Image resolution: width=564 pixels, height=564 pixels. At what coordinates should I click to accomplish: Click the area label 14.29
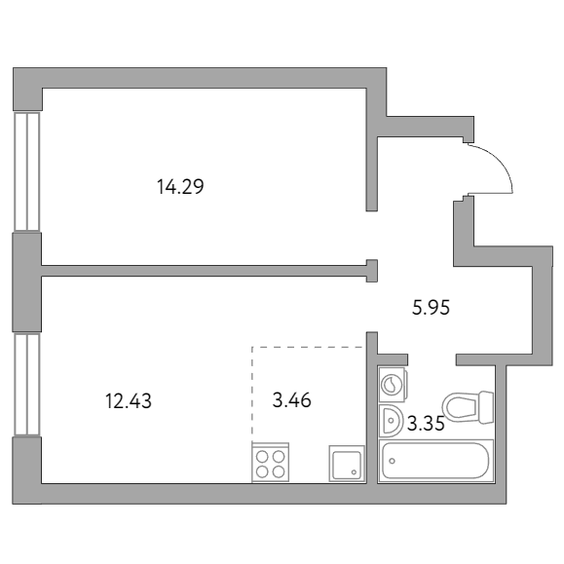[180, 187]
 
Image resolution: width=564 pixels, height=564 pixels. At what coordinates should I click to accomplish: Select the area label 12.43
[129, 401]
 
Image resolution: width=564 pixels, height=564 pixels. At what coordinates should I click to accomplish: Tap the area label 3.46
[291, 400]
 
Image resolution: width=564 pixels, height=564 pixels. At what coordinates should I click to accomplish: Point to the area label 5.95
[431, 308]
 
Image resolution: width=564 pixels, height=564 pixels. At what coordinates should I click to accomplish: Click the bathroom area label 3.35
[426, 424]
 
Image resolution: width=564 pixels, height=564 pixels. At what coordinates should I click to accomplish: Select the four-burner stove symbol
[271, 462]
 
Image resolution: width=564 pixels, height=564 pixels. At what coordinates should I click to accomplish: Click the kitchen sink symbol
[347, 464]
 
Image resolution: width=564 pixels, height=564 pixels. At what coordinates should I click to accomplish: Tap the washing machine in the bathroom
[394, 384]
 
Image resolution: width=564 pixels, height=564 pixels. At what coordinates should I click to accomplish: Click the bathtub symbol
[436, 461]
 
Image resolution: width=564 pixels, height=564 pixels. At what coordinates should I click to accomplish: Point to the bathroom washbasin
[391, 421]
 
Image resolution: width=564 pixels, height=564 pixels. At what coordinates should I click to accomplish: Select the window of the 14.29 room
[27, 171]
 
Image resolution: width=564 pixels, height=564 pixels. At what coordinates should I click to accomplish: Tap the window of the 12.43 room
[27, 385]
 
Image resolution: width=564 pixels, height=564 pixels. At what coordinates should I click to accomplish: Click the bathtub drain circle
[392, 461]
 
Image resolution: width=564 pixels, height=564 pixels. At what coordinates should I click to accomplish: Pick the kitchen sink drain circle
[355, 472]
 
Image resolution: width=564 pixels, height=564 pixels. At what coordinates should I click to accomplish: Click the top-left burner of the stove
[263, 457]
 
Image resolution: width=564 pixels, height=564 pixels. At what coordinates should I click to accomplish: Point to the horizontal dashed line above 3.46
[308, 347]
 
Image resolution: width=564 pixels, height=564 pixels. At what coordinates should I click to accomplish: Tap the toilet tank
[485, 406]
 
